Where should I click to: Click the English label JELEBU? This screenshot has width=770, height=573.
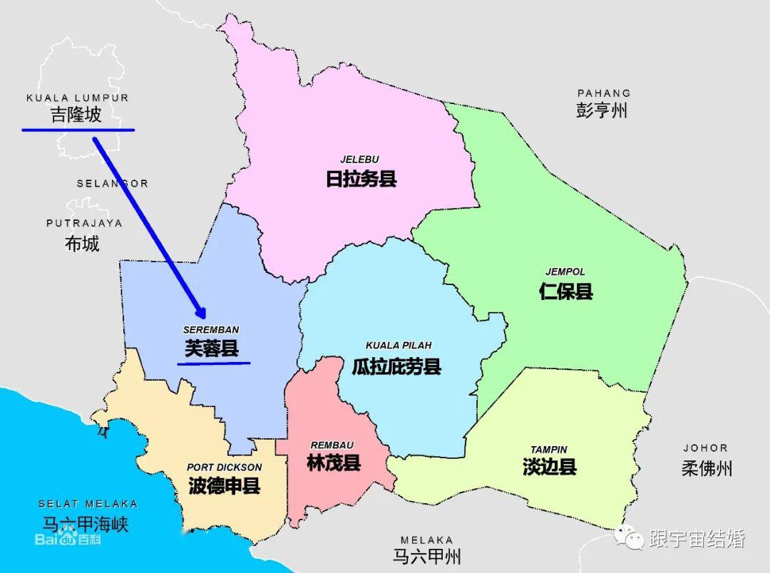click(359, 159)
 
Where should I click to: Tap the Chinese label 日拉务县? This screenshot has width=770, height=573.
click(361, 179)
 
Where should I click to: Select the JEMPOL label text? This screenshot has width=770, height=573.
click(565, 272)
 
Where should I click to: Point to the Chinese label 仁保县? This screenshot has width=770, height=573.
click(566, 291)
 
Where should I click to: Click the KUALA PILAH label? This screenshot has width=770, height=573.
click(399, 346)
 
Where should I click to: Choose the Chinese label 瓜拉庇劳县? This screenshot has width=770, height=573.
click(396, 366)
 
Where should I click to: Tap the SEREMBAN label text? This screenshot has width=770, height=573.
click(211, 330)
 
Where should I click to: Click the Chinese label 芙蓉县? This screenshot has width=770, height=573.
click(212, 349)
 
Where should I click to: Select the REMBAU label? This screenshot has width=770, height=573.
click(334, 445)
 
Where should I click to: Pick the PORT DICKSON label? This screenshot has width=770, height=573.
click(225, 468)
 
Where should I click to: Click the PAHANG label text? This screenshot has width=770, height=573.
click(604, 93)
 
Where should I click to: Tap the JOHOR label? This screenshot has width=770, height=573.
click(705, 448)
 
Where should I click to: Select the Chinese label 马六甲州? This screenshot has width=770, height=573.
click(426, 556)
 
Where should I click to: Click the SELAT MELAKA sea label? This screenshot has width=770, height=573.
click(88, 504)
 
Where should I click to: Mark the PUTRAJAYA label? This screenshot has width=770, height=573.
click(84, 223)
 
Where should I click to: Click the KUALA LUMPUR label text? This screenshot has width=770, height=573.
click(77, 98)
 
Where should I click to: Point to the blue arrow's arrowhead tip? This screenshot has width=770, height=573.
click(205, 318)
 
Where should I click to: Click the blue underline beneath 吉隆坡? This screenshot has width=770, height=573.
click(78, 130)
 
